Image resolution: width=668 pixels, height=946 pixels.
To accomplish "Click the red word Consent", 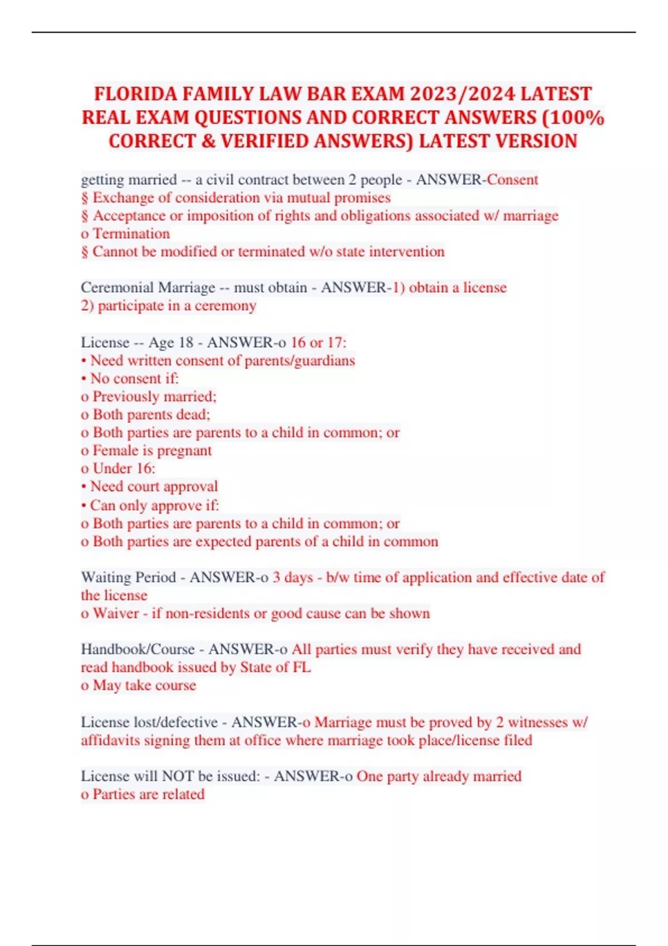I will pyautogui.click(x=513, y=180).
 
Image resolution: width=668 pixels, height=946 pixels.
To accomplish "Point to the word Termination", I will pyautogui.click(x=131, y=234).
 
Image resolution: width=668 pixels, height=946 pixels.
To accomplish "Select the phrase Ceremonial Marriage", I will pyautogui.click(x=148, y=288).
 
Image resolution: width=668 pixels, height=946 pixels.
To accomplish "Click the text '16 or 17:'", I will pyautogui.click(x=318, y=342).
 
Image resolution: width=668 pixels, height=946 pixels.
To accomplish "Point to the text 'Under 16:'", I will pyautogui.click(x=124, y=469).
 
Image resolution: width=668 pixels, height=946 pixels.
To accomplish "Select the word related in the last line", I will pyautogui.click(x=183, y=794).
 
